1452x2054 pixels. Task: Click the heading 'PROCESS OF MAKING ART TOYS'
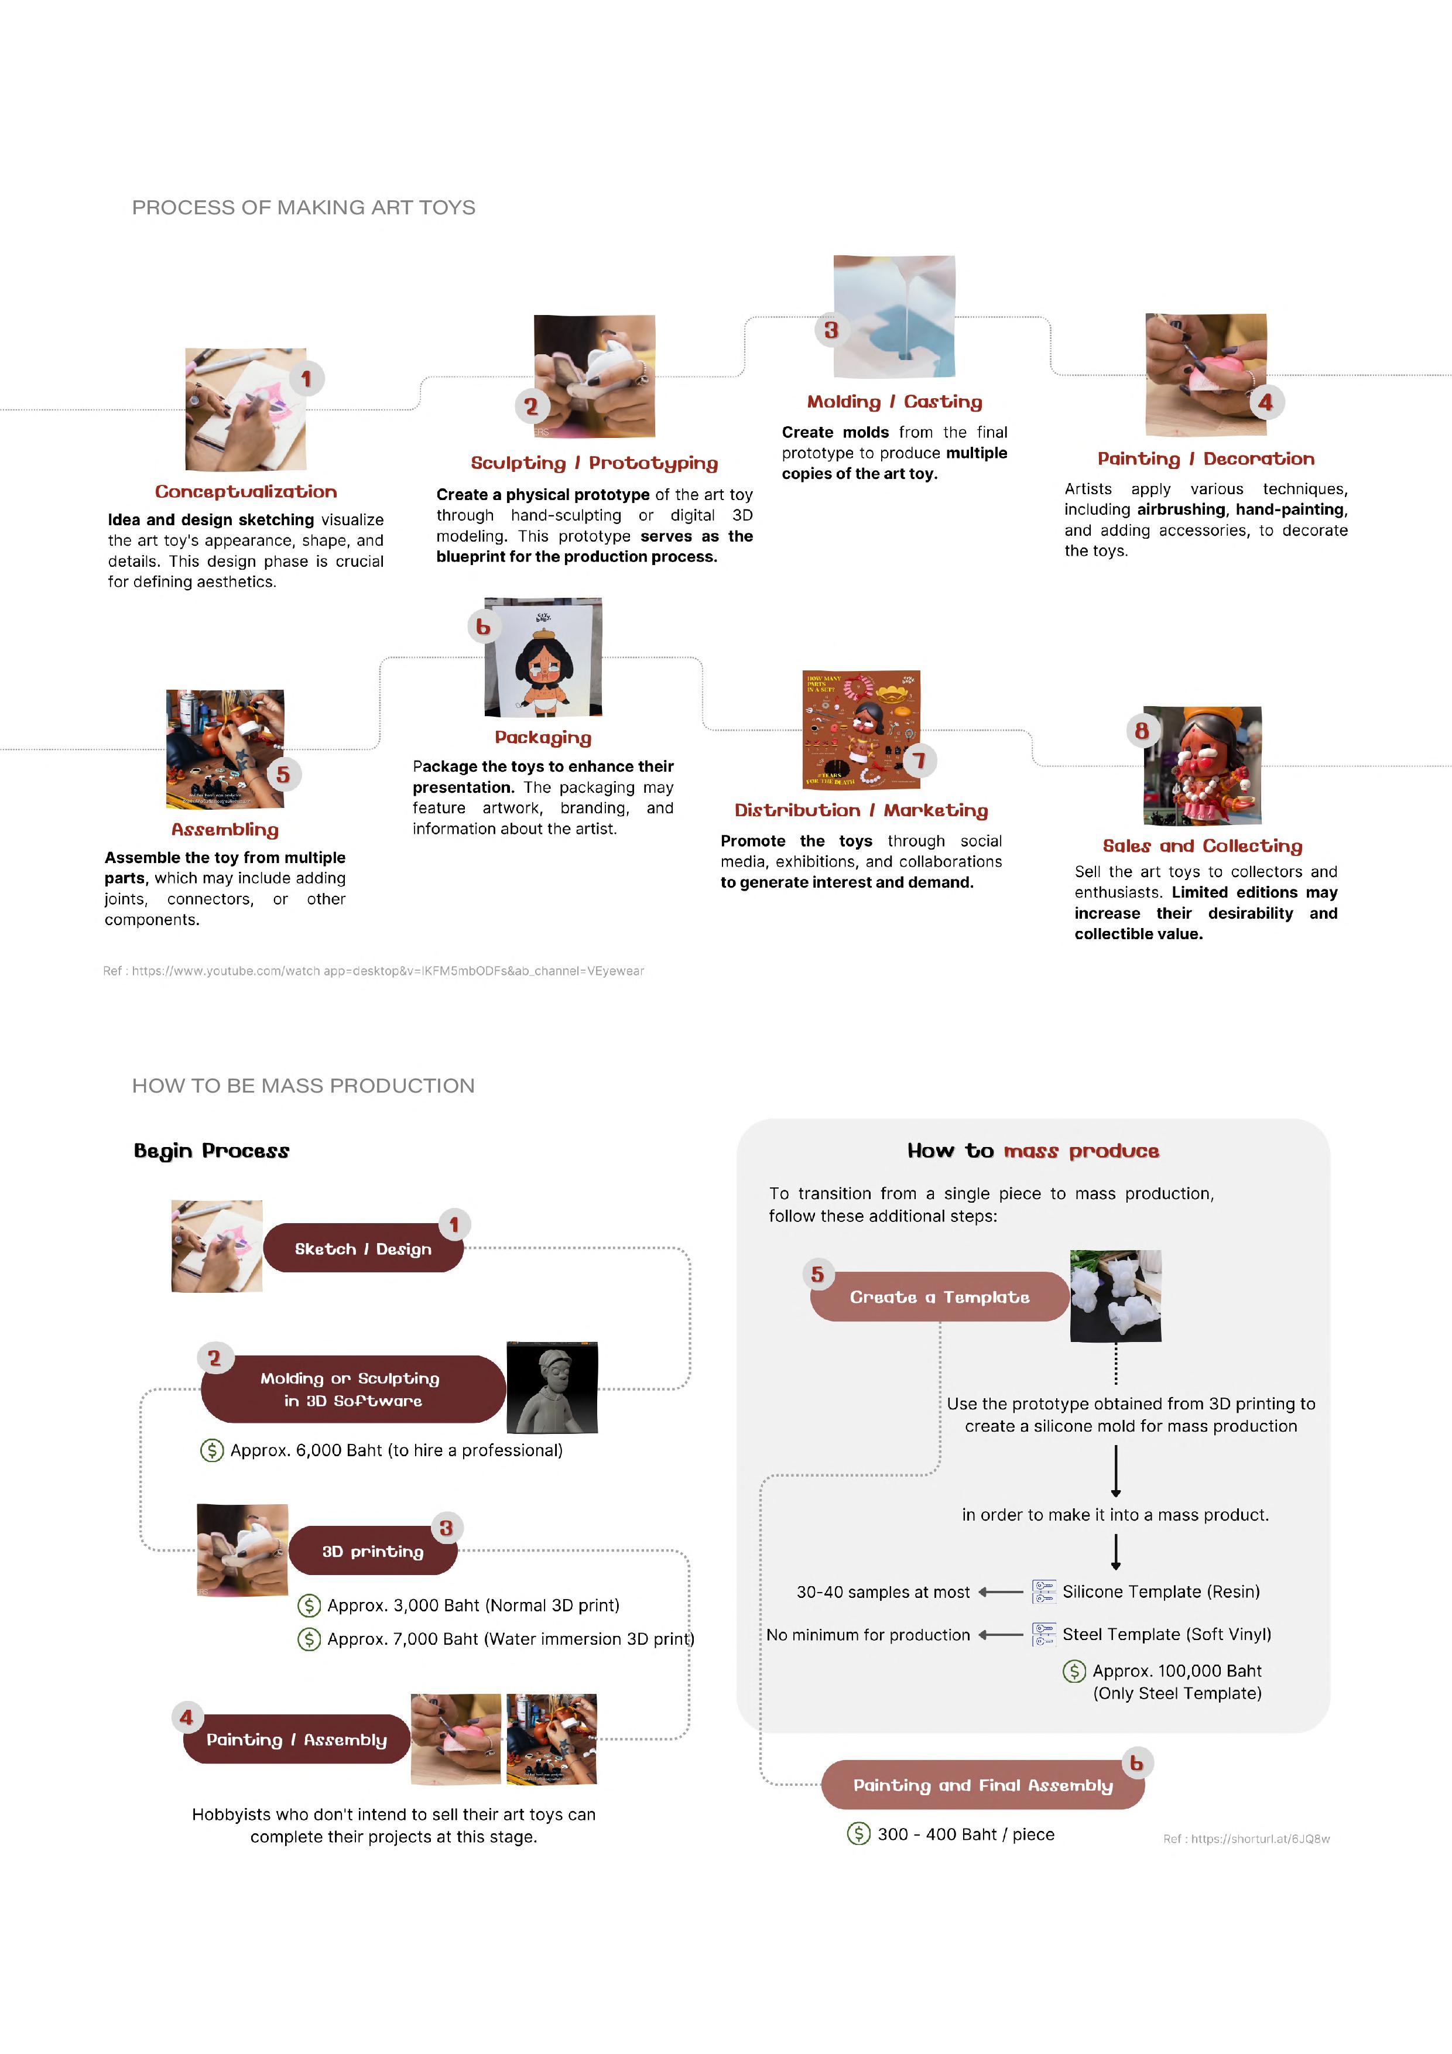(303, 207)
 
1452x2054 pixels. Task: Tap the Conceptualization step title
(246, 491)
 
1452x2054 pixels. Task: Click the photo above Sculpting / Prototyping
(594, 376)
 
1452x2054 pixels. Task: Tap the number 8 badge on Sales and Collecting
(1142, 731)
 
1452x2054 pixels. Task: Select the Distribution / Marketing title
(861, 810)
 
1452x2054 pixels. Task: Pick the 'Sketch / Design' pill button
(363, 1248)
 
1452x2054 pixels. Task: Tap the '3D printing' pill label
(373, 1550)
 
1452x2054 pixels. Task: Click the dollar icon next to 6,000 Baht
(212, 1450)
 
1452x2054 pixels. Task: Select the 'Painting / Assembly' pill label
(297, 1739)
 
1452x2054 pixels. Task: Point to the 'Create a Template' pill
(939, 1296)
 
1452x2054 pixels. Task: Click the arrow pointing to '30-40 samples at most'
(1000, 1591)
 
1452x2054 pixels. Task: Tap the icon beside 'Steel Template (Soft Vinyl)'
(1043, 1634)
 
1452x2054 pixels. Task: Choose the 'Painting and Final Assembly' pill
(982, 1785)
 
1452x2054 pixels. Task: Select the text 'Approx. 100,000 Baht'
(1176, 1670)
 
